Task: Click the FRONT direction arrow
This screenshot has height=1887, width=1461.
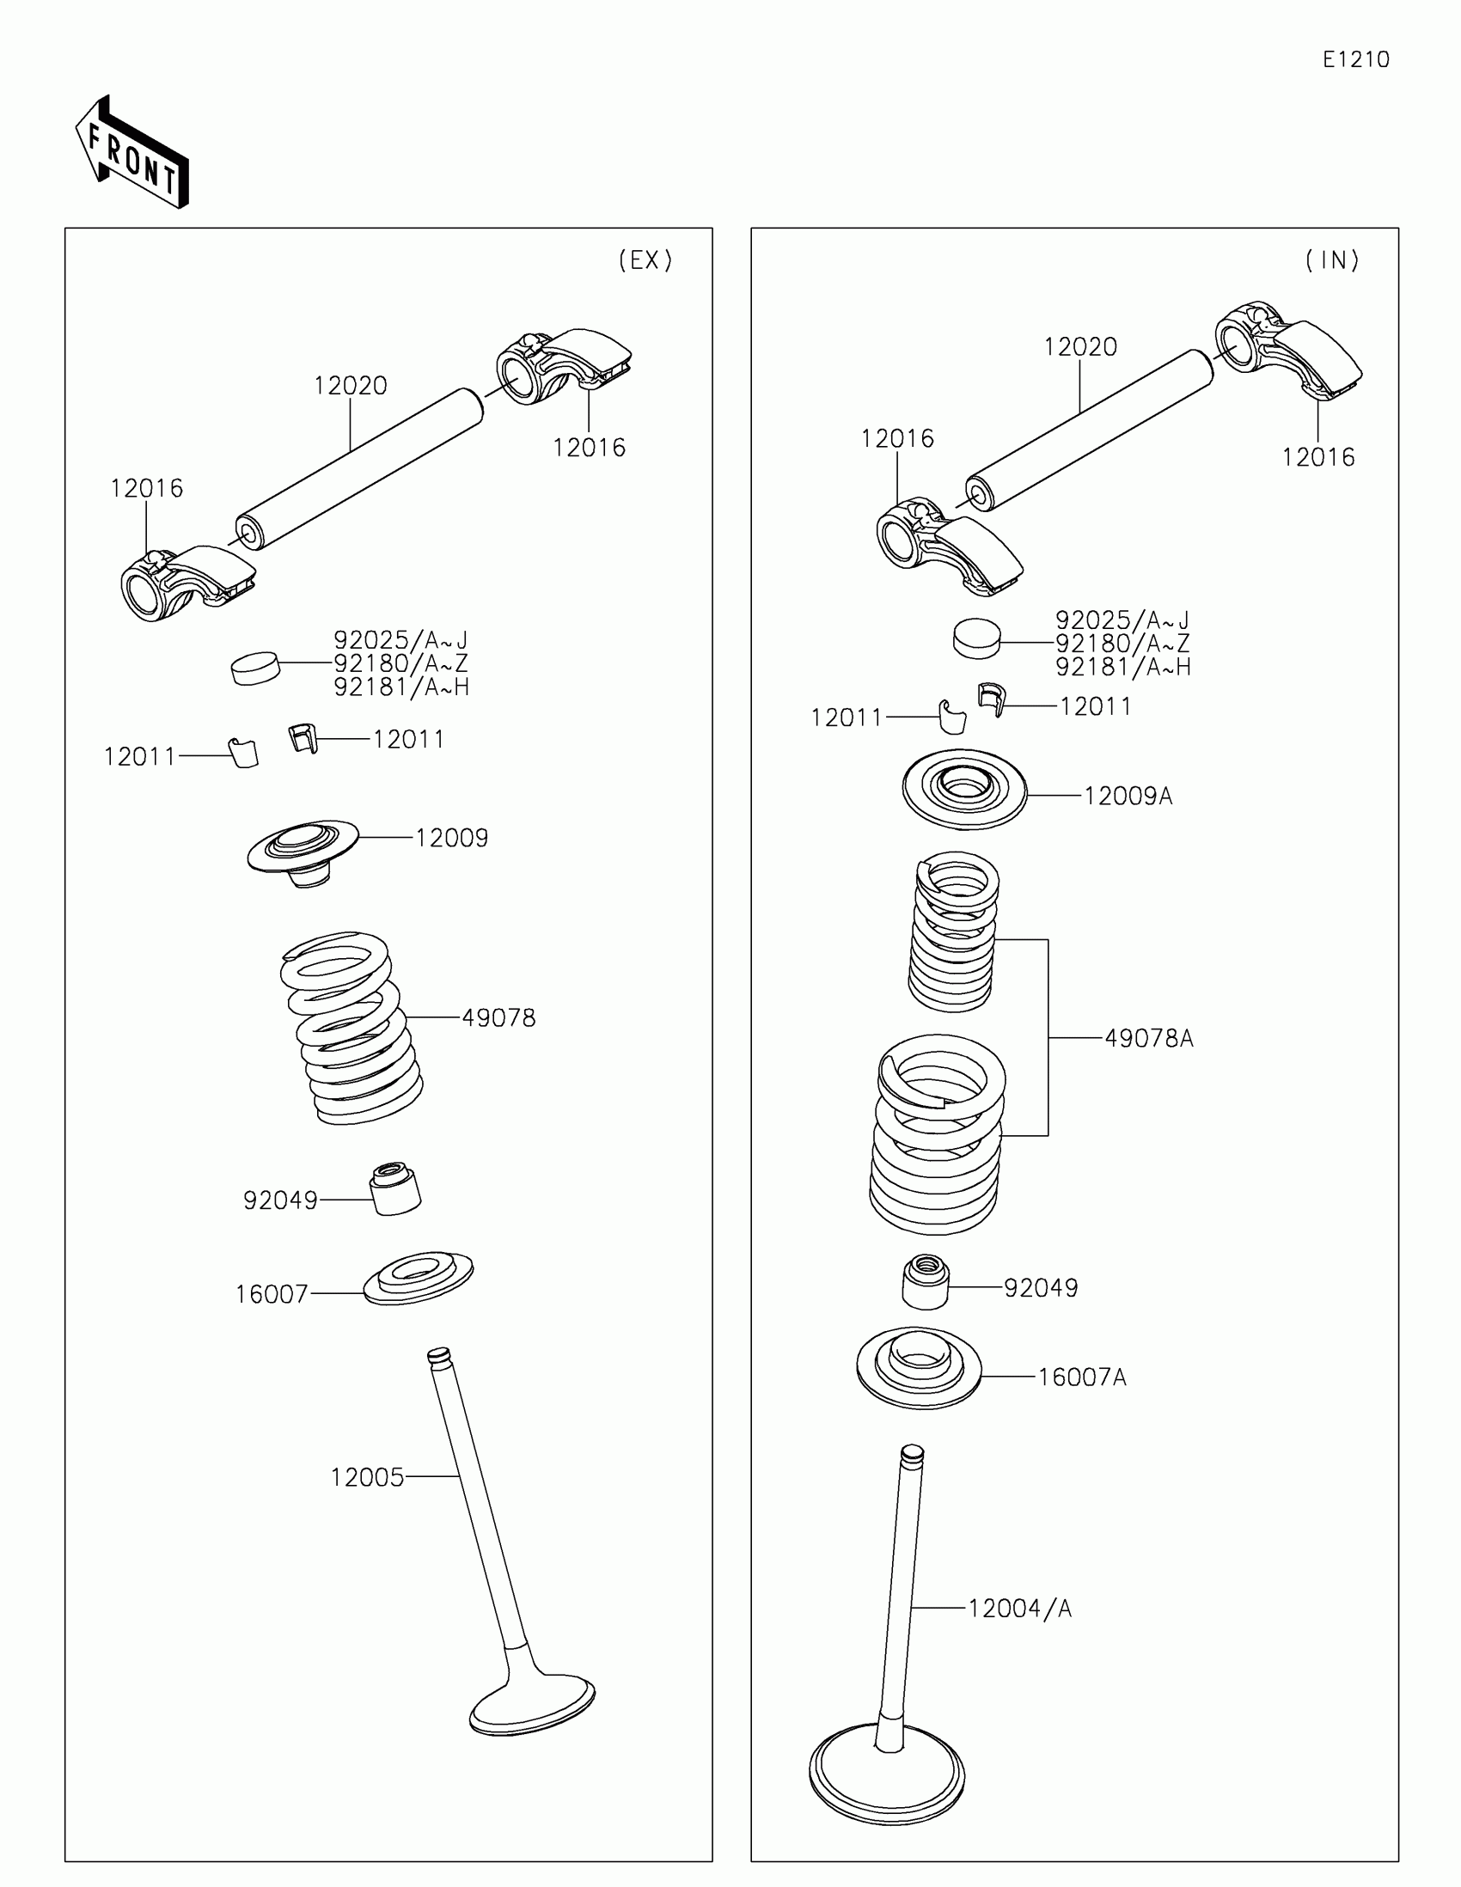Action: (x=132, y=153)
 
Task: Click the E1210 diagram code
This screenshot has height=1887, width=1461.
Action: (x=1355, y=59)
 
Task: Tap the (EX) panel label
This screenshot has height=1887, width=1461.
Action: (x=645, y=260)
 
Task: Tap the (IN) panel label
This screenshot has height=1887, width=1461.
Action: (x=1332, y=260)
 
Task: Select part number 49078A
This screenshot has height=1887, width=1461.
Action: (x=1149, y=1039)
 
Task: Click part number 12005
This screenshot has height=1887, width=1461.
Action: (x=367, y=1477)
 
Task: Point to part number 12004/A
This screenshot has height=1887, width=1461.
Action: (x=1019, y=1609)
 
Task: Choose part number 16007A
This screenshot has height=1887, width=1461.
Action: (x=1082, y=1377)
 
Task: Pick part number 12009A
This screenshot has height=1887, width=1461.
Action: (x=1128, y=796)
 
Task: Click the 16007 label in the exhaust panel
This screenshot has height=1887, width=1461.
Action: (x=272, y=1294)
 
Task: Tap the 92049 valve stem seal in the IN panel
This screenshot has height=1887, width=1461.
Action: (x=926, y=1283)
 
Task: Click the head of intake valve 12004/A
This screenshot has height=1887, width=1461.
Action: (x=887, y=1774)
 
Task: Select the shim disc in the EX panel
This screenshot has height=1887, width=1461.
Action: (x=256, y=668)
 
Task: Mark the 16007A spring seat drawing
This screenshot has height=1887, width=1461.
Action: (x=919, y=1367)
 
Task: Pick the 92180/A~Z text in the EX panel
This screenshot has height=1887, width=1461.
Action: (x=400, y=663)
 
